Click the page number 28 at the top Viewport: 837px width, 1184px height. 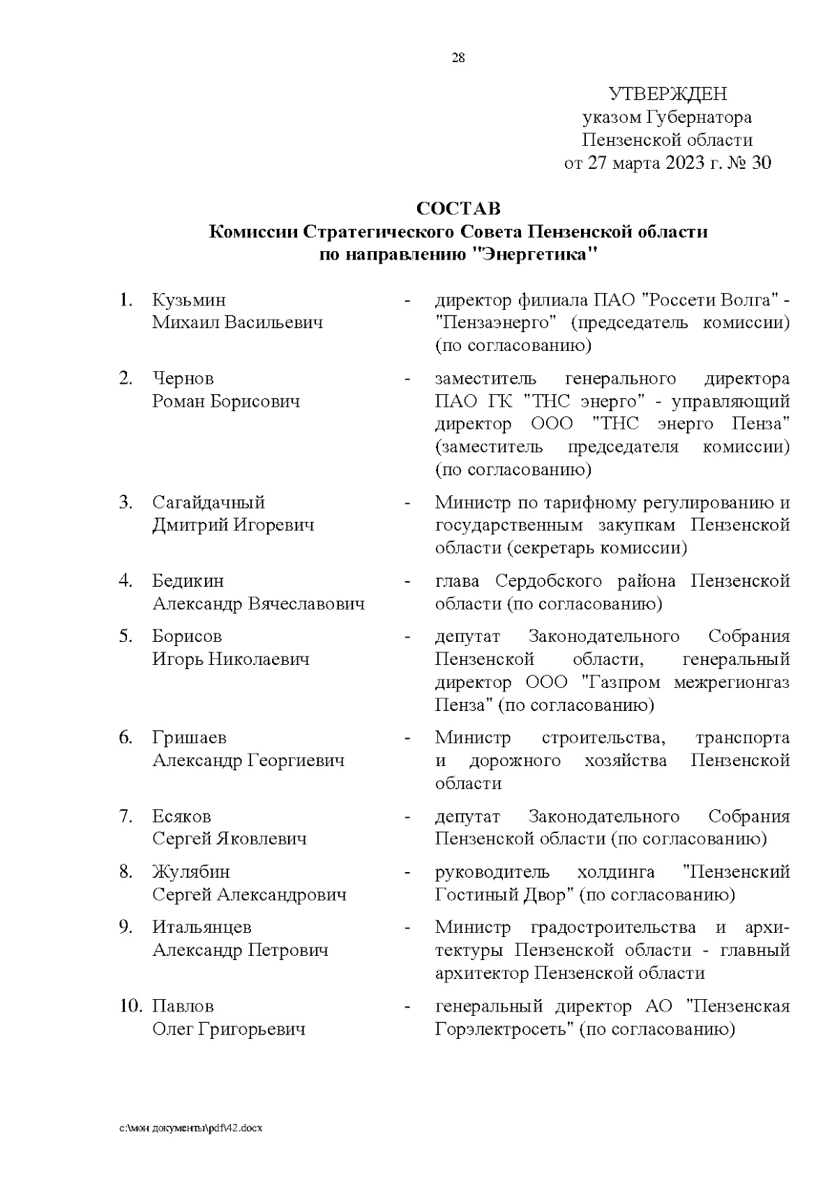pyautogui.click(x=458, y=59)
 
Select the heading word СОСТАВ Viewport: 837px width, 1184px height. pyautogui.click(x=458, y=209)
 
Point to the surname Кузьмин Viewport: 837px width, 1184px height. pyautogui.click(x=189, y=301)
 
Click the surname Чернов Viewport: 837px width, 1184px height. pyautogui.click(x=183, y=379)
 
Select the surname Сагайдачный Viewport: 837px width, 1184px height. pyautogui.click(x=209, y=502)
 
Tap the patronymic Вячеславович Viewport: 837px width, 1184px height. pyautogui.click(x=306, y=604)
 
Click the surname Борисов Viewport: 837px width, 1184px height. pyautogui.click(x=187, y=636)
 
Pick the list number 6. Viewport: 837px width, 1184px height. pyautogui.click(x=126, y=738)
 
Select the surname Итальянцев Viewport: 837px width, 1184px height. pyautogui.click(x=202, y=928)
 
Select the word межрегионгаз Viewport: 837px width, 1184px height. pyautogui.click(x=732, y=682)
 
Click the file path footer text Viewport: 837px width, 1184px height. pyautogui.click(x=190, y=1128)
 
